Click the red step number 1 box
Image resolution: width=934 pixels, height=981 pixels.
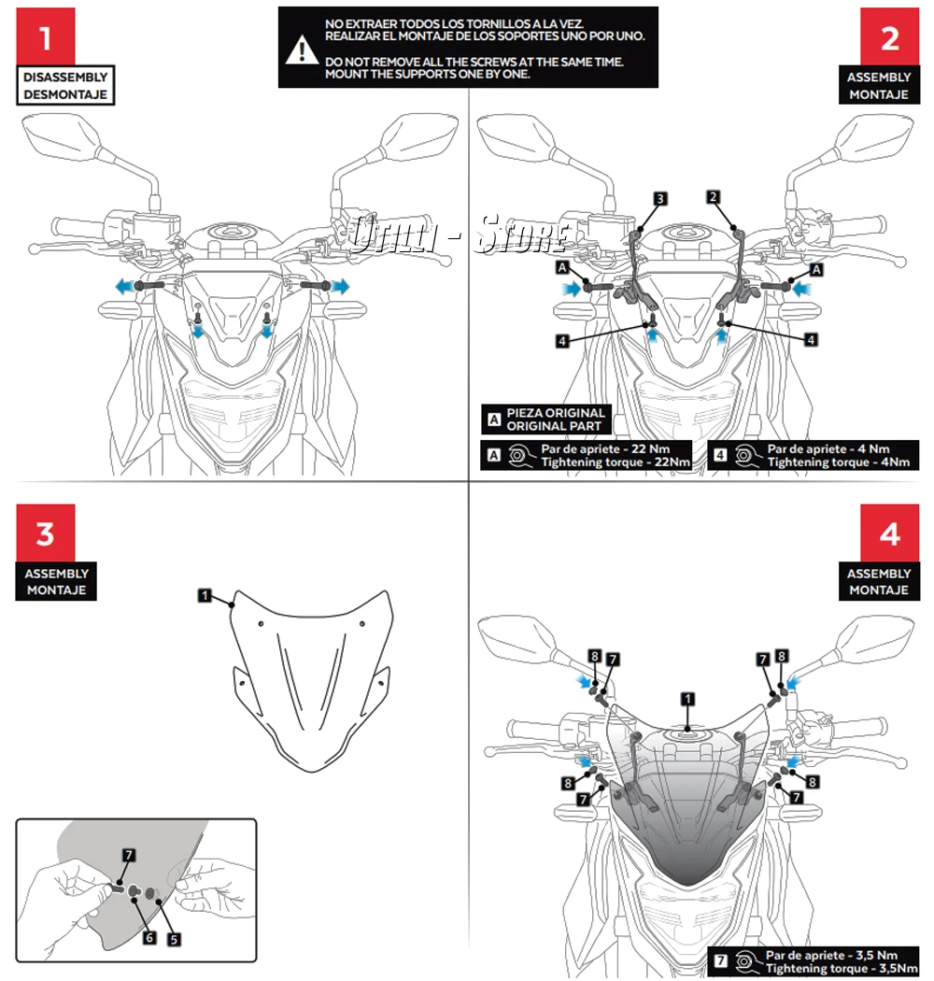point(45,36)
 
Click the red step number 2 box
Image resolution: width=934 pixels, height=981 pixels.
point(889,36)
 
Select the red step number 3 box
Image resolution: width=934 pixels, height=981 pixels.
point(45,533)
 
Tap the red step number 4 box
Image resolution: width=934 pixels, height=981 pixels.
point(889,533)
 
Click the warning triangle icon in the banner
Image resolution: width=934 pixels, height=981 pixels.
point(299,50)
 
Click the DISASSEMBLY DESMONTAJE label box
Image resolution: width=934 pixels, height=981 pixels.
point(65,86)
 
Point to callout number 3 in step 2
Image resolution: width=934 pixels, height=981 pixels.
point(659,198)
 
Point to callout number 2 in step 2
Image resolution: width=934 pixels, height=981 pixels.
point(713,197)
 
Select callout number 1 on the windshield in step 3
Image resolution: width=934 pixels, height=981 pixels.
point(205,594)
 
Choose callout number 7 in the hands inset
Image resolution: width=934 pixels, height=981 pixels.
point(129,854)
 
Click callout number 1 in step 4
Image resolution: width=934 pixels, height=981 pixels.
point(687,698)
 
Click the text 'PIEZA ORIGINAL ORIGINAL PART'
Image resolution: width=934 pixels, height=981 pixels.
point(556,419)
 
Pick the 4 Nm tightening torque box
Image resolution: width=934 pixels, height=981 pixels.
point(814,455)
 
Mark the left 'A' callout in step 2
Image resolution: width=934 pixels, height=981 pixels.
point(563,267)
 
